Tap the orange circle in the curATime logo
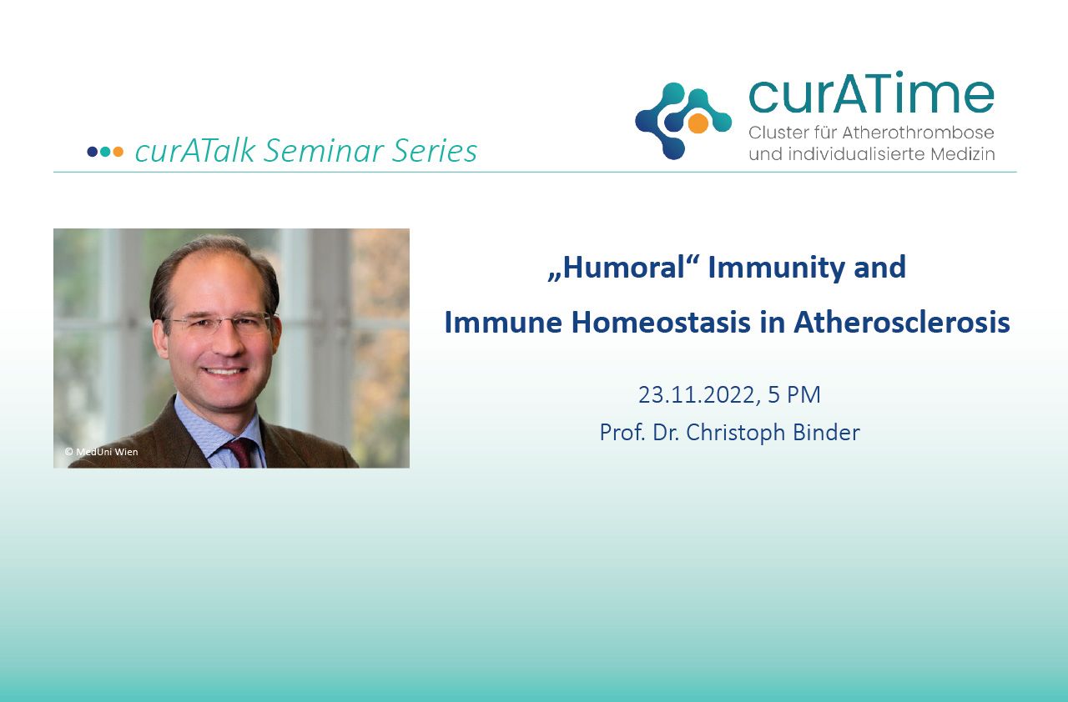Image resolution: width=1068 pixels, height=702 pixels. click(x=698, y=123)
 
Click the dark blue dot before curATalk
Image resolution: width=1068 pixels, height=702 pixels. click(x=93, y=152)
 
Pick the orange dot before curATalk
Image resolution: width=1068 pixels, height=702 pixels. click(x=118, y=152)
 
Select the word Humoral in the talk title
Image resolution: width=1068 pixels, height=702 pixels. click(x=623, y=267)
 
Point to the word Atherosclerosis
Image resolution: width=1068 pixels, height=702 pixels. click(x=902, y=323)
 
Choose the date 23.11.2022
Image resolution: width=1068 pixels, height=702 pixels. click(x=697, y=395)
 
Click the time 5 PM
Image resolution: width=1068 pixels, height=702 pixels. click(x=794, y=395)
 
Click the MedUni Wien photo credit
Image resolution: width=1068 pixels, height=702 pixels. click(x=102, y=452)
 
